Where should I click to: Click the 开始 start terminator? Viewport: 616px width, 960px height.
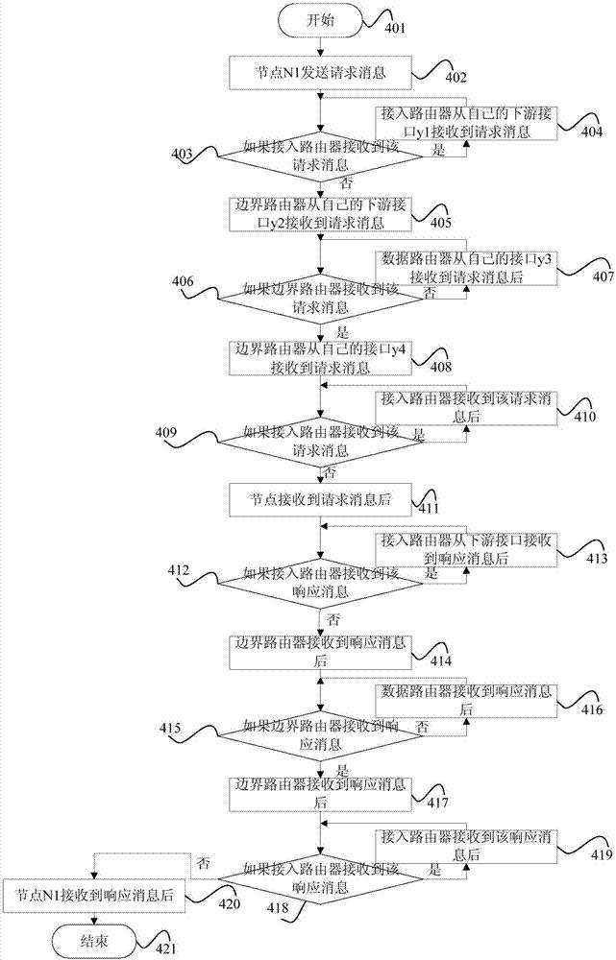[x=320, y=21]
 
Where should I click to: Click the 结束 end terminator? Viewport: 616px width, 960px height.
[x=93, y=941]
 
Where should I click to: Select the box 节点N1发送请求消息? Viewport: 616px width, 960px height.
[x=320, y=72]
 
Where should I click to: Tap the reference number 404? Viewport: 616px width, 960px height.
[x=591, y=131]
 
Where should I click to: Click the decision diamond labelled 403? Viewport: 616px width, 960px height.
[x=320, y=156]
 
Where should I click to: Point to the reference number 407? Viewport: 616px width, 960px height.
[x=604, y=276]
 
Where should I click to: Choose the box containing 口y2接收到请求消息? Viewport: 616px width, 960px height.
[x=320, y=214]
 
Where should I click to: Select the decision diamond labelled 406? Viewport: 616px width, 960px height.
[x=320, y=298]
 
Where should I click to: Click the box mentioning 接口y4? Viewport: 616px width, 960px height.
[x=320, y=358]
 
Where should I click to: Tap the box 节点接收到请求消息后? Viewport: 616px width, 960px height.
[x=320, y=499]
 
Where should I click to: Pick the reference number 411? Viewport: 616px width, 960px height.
[x=429, y=508]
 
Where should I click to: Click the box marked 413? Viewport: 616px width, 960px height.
[x=466, y=549]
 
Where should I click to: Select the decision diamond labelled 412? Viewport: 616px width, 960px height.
[x=320, y=583]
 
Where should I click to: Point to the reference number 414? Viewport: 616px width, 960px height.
[x=440, y=660]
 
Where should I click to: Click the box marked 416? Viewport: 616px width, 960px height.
[x=466, y=701]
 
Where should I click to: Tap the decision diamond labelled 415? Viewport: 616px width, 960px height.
[x=320, y=736]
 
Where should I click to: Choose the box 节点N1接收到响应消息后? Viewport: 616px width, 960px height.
[x=94, y=895]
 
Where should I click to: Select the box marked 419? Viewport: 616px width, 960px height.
[x=466, y=846]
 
